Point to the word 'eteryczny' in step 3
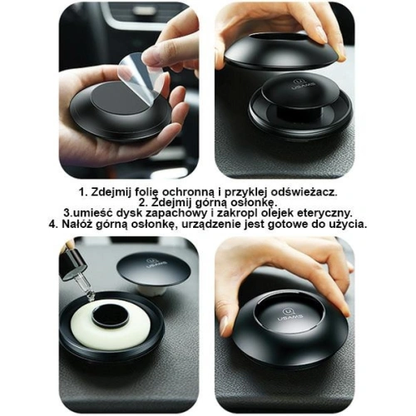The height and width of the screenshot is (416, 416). click(x=326, y=213)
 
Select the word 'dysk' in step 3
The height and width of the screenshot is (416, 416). click(x=122, y=213)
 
